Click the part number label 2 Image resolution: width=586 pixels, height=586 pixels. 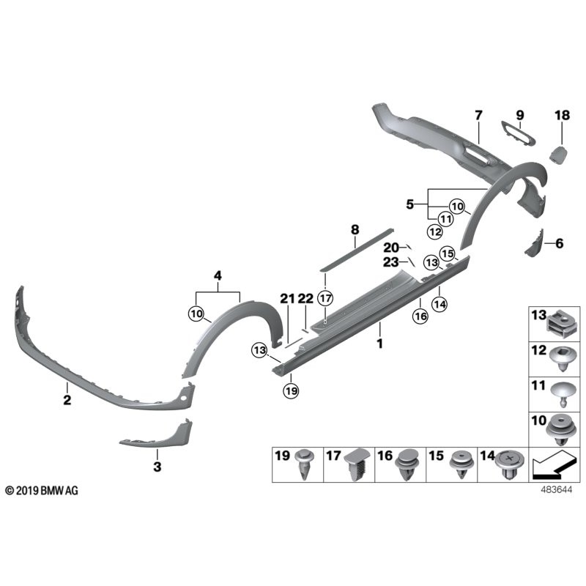click(x=67, y=400)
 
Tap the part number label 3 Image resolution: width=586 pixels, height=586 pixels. click(x=156, y=465)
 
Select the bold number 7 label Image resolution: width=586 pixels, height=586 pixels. click(x=478, y=115)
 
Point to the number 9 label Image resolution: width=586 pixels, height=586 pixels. click(x=520, y=115)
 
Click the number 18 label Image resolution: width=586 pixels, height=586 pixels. click(x=562, y=115)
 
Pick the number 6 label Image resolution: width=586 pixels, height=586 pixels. click(x=560, y=242)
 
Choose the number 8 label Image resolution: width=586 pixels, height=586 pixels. click(x=355, y=230)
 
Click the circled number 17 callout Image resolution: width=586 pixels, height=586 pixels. click(x=325, y=298)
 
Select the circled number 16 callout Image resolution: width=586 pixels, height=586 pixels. click(x=419, y=316)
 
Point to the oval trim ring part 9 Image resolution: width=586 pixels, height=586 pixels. click(x=517, y=134)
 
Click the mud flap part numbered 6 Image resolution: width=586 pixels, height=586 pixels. click(x=535, y=243)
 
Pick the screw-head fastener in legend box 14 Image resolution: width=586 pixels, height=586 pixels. click(x=508, y=464)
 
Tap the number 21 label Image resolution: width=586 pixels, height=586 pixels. click(x=286, y=298)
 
